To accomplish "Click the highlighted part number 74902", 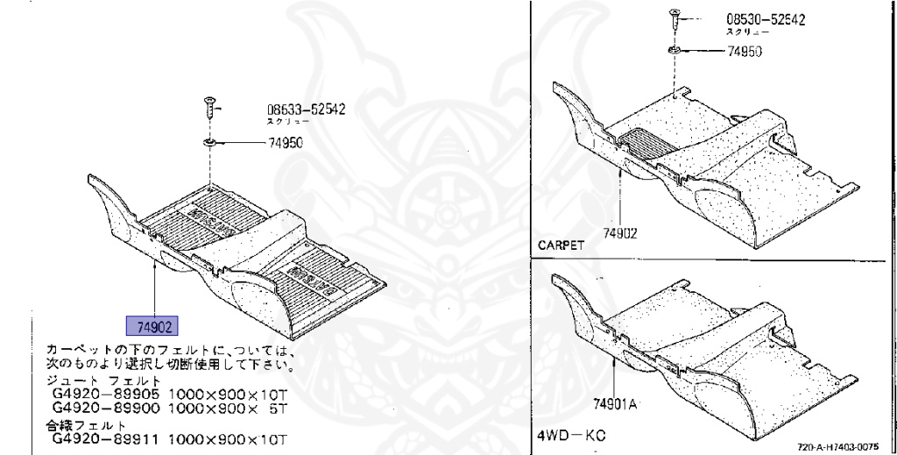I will point(152,326).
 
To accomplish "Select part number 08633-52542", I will point(306,110).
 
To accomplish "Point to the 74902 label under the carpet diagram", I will point(619,233).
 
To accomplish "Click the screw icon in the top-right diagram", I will point(674,15).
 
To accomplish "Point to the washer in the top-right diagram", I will point(675,49).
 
